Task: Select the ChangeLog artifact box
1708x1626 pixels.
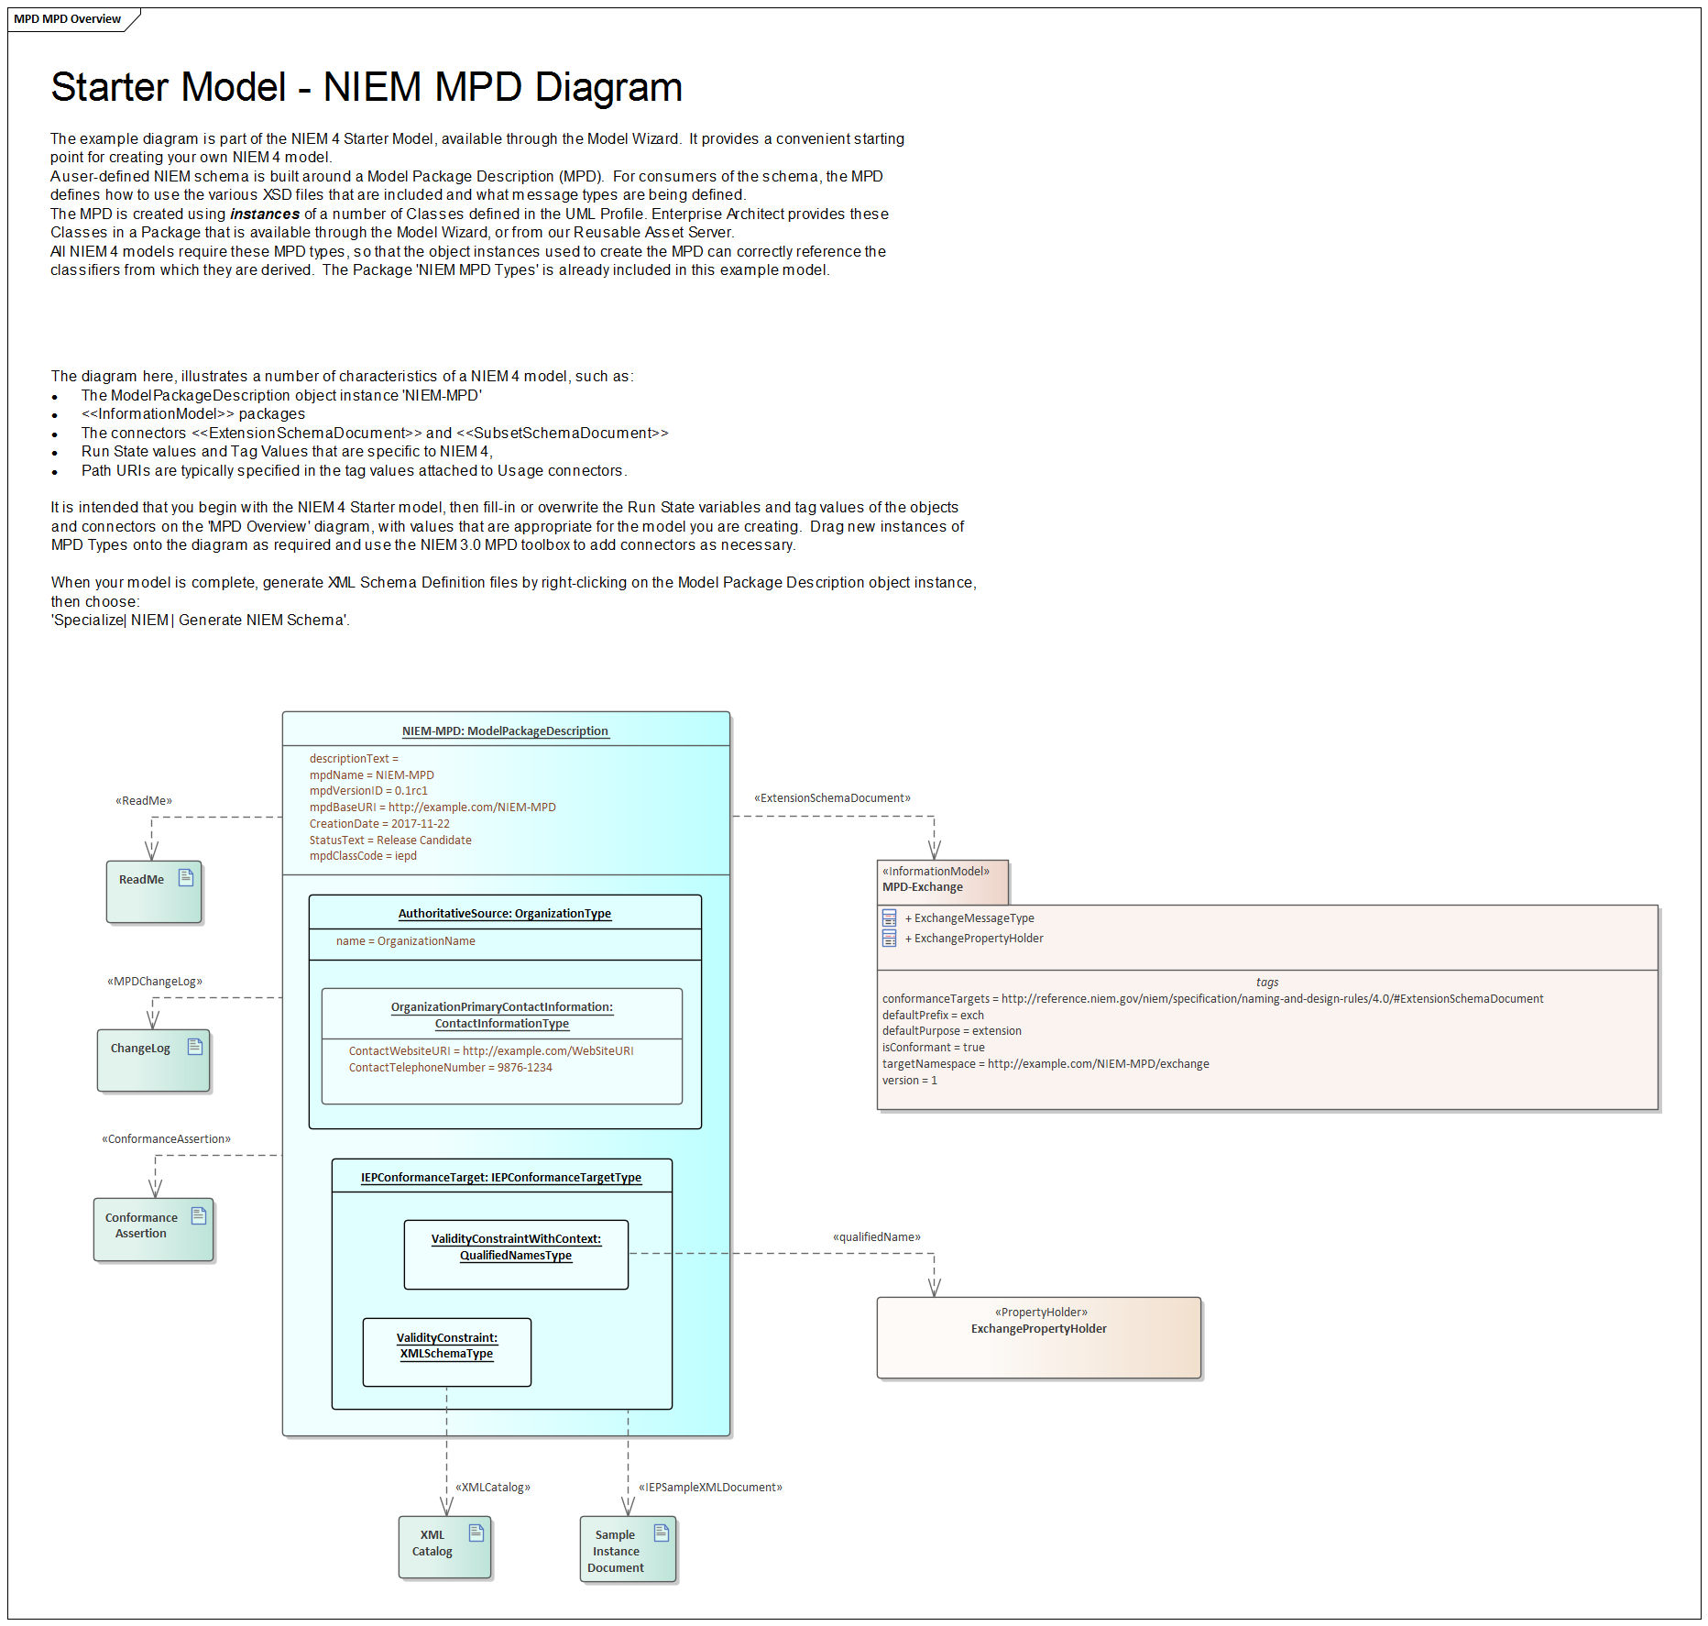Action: pos(153,1060)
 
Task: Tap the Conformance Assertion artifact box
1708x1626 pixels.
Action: pos(153,1229)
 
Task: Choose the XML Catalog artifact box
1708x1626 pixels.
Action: pos(444,1547)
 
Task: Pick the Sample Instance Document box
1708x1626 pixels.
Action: pos(628,1550)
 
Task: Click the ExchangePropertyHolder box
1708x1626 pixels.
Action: pos(1038,1337)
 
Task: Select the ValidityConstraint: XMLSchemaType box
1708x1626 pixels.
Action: pos(446,1352)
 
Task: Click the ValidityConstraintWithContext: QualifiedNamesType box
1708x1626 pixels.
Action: pos(516,1254)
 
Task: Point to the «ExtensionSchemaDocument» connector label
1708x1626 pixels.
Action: pos(832,798)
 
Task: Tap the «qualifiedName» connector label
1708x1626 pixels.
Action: pos(876,1237)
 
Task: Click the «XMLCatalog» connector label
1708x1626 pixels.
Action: pos(493,1488)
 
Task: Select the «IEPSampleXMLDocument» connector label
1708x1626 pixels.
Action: pos(710,1488)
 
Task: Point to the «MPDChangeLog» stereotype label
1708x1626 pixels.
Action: pos(155,982)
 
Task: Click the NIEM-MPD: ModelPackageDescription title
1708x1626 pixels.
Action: pos(505,731)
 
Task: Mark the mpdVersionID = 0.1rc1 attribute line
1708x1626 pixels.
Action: pos(368,791)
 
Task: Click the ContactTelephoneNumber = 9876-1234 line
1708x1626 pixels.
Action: pos(450,1068)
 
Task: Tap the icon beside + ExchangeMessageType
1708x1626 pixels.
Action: pos(889,918)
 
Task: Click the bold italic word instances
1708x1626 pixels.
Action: pos(265,214)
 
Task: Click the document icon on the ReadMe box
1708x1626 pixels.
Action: pos(186,877)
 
